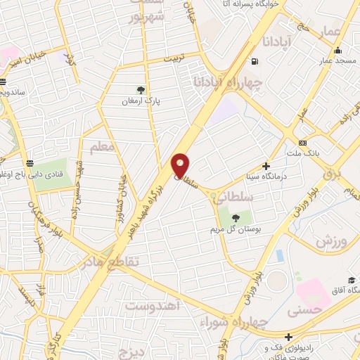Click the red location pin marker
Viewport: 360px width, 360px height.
181,165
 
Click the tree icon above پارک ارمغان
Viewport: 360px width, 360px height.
141,89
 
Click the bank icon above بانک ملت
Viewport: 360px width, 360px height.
302,143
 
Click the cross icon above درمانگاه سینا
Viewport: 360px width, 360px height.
266,166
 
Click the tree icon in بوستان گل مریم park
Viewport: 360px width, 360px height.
235,218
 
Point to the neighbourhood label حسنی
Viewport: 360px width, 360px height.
311,308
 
